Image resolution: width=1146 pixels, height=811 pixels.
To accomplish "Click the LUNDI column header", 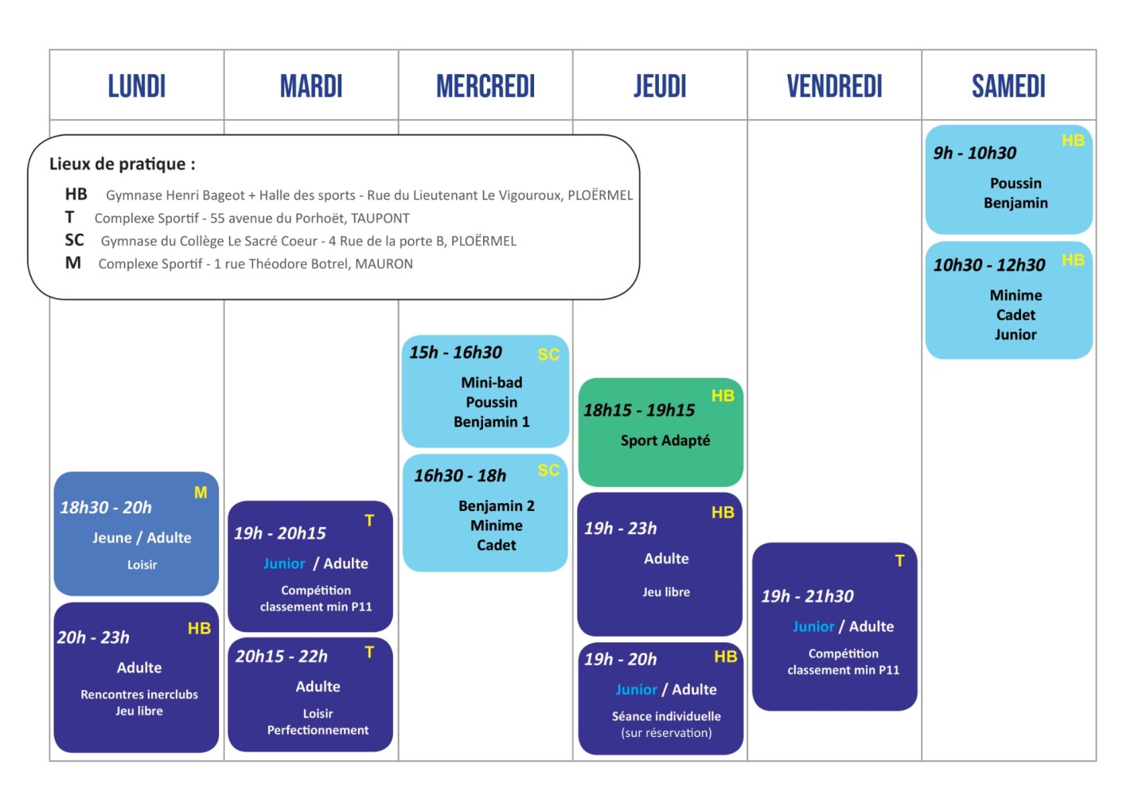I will (x=137, y=86).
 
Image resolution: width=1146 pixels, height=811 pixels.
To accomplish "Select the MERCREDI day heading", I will (x=485, y=86).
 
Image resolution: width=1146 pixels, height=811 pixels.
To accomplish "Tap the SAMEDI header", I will (x=1008, y=86).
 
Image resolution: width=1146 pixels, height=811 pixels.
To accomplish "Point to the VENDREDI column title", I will (x=834, y=86).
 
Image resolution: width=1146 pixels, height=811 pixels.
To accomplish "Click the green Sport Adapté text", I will (x=665, y=440).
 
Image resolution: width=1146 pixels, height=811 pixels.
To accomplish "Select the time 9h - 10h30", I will (x=975, y=153).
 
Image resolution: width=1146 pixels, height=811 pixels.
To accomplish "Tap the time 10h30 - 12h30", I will (x=989, y=265).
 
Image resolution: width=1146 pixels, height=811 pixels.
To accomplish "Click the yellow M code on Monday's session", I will (x=201, y=493).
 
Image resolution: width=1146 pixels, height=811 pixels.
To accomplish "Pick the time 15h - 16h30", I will (x=455, y=353).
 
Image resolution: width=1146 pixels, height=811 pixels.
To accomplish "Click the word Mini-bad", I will (x=492, y=382).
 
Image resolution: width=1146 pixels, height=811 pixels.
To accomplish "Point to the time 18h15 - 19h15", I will (x=639, y=410).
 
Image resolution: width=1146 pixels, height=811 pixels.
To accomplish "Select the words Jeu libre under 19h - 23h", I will (x=666, y=592).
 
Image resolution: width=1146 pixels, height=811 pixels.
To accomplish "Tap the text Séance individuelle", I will (x=666, y=716).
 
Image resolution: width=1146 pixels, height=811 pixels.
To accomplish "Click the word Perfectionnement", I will (x=318, y=730).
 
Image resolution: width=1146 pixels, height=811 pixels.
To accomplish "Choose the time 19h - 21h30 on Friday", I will (x=807, y=596).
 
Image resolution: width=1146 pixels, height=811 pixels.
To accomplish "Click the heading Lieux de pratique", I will (x=122, y=164).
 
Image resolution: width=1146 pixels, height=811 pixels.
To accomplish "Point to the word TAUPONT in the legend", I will (x=380, y=218).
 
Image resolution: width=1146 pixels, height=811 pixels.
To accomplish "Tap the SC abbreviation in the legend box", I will (x=74, y=240).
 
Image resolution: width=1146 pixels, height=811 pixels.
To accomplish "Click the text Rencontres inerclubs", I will (x=139, y=694).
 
